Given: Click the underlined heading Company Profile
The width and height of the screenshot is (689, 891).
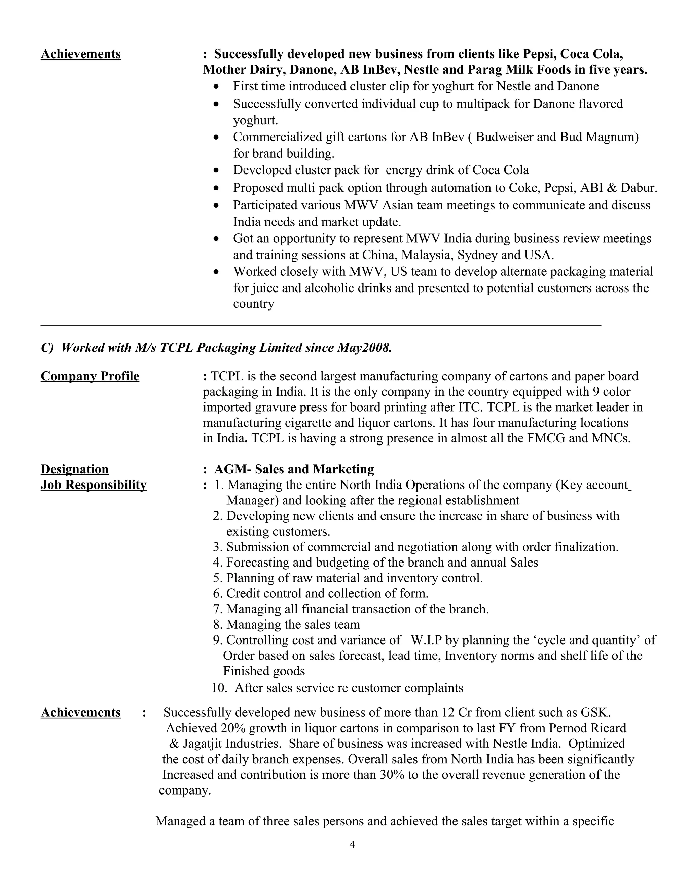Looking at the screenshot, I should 90,376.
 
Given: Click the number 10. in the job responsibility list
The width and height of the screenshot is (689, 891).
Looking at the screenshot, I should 219,688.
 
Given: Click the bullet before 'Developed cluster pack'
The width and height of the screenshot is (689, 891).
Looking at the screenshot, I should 217,170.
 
